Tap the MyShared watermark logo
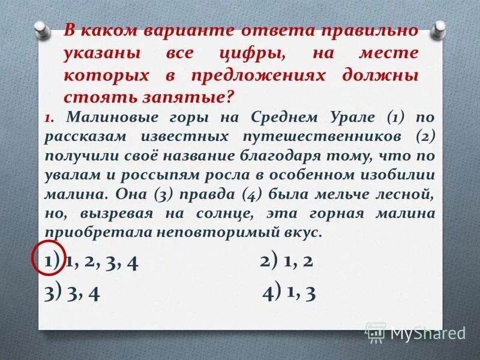(x=415, y=332)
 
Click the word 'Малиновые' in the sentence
(x=103, y=116)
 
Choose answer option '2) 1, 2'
(x=287, y=262)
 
